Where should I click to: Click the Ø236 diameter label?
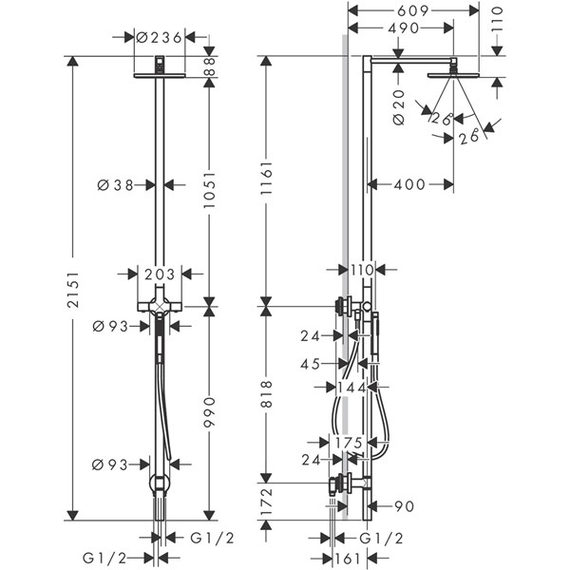tap(159, 37)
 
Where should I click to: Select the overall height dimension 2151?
tap(73, 290)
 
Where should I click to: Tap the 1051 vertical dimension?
tap(209, 190)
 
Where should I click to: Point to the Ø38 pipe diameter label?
tap(116, 185)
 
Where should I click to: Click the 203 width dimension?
tap(160, 275)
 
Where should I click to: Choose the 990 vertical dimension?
tap(209, 412)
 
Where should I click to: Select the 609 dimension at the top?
tap(413, 10)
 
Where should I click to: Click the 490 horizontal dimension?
tap(404, 28)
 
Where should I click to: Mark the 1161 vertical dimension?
tap(266, 179)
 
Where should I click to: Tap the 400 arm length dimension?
tap(409, 184)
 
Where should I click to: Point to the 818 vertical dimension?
tap(266, 394)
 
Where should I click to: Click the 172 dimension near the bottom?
tap(266, 502)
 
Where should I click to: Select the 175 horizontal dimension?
tap(349, 443)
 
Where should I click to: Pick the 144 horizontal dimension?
tap(351, 388)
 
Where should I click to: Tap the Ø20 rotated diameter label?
tap(399, 107)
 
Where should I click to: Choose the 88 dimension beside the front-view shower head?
tap(209, 66)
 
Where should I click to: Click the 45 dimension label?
tap(310, 364)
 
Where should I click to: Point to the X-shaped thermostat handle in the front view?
tap(160, 306)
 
